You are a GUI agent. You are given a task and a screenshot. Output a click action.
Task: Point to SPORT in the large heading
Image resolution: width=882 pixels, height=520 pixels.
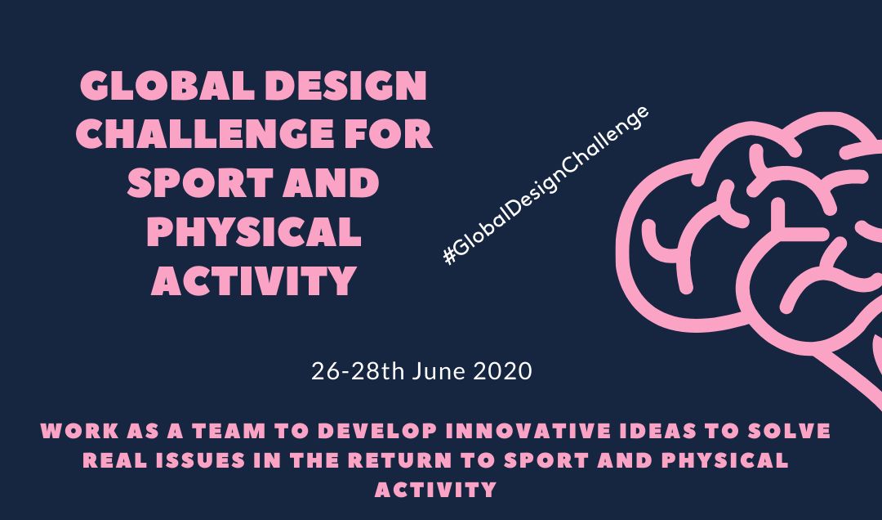[200, 182]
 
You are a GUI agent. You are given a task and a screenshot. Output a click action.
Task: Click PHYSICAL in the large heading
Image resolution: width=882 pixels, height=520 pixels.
[254, 231]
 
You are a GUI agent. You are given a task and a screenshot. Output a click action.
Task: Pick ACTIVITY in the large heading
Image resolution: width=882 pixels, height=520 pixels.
[254, 280]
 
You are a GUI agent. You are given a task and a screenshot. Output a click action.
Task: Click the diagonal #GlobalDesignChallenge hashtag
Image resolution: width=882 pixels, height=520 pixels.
[546, 186]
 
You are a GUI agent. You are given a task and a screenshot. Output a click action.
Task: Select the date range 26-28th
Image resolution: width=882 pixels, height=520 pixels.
[358, 371]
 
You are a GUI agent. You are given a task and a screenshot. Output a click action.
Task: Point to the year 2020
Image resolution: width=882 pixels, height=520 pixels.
[502, 371]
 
